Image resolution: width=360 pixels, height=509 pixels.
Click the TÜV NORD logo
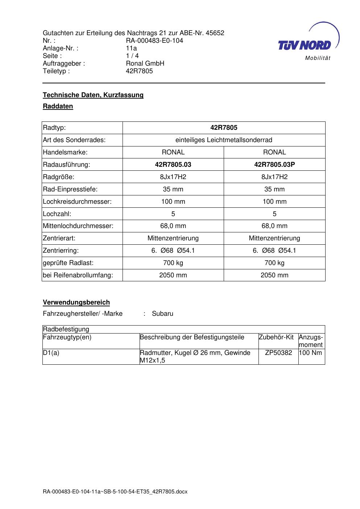(307, 43)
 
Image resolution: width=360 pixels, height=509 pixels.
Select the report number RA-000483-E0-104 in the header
(154, 41)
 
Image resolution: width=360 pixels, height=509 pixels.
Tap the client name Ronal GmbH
(145, 63)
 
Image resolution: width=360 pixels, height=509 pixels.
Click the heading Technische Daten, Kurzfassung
(93, 95)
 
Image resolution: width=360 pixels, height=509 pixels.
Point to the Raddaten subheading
(58, 106)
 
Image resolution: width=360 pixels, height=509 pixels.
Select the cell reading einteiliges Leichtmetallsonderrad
(224, 140)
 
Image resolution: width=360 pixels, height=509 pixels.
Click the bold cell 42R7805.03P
(274, 165)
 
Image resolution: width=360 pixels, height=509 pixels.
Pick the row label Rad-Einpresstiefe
(70, 189)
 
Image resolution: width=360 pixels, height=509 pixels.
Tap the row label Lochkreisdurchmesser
(77, 202)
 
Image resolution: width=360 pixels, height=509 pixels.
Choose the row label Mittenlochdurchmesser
(78, 226)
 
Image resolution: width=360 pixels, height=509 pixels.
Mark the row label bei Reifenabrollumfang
(78, 275)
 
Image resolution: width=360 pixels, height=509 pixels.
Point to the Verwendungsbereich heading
(76, 302)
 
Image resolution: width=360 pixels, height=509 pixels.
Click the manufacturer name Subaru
(162, 314)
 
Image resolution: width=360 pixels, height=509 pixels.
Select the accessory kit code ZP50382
(278, 353)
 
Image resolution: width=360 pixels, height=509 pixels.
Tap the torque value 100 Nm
(311, 353)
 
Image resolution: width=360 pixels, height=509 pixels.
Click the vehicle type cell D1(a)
(51, 353)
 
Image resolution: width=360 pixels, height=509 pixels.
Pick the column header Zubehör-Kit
(276, 337)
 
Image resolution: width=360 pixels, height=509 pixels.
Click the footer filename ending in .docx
(115, 492)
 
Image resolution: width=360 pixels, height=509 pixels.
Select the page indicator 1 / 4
(132, 56)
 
